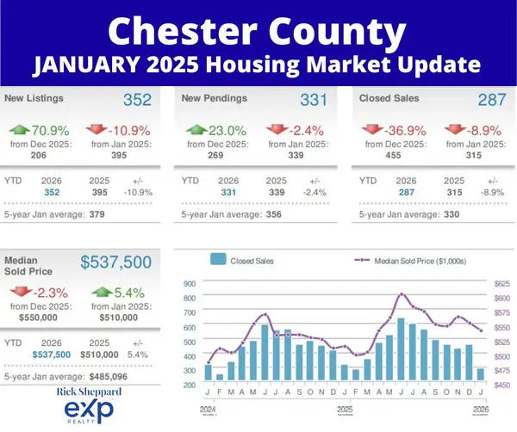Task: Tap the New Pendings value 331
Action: [x=313, y=100]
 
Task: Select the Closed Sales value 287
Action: [x=491, y=100]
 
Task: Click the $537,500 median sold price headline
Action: [x=116, y=262]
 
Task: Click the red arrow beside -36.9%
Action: [x=373, y=130]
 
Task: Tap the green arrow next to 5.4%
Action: [x=102, y=293]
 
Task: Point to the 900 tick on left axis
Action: [x=190, y=283]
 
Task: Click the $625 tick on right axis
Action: [x=501, y=283]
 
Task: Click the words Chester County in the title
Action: [x=258, y=30]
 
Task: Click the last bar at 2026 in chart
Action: [x=481, y=374]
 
